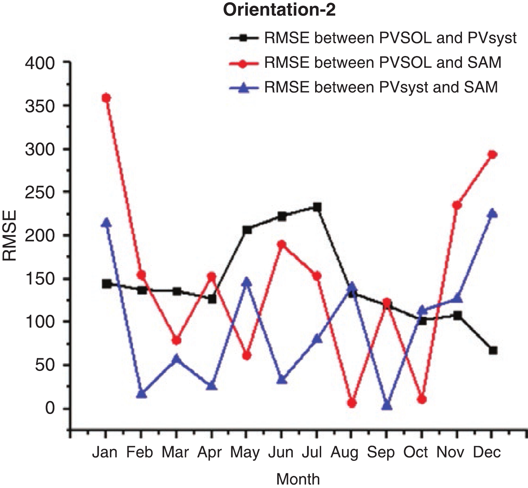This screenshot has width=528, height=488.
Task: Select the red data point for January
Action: [106, 98]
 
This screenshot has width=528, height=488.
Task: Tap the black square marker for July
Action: [317, 207]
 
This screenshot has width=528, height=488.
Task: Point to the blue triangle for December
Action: [492, 213]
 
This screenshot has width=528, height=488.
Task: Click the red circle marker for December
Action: [492, 155]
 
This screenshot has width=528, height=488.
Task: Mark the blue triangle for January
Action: [106, 223]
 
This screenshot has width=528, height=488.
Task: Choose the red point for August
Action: [352, 403]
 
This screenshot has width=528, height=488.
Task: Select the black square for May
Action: [247, 230]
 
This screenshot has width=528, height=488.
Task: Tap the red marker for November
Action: [457, 205]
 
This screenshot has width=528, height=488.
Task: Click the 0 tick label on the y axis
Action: [50, 409]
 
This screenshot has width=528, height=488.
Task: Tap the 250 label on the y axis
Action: [40, 192]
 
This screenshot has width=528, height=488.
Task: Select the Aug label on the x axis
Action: [344, 452]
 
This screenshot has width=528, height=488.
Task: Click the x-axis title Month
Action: [298, 479]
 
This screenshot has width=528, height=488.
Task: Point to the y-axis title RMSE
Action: [10, 235]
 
